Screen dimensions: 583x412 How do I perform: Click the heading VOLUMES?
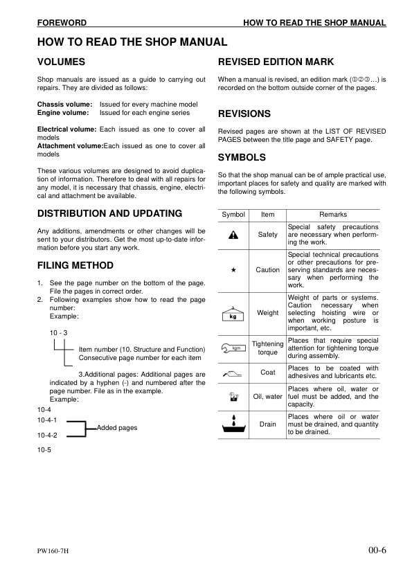click(x=61, y=62)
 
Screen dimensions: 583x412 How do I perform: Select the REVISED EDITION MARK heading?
click(x=276, y=62)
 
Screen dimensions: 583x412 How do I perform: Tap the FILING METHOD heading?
click(x=75, y=265)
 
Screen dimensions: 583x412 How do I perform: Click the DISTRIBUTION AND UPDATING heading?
click(x=109, y=213)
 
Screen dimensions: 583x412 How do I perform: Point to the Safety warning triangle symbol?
click(x=233, y=235)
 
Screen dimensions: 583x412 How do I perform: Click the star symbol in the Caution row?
click(x=233, y=270)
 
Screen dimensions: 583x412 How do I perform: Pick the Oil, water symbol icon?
click(x=233, y=397)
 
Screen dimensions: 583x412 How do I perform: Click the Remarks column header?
click(x=332, y=215)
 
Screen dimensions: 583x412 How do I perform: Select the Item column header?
click(x=267, y=215)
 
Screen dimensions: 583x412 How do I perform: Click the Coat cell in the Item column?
click(x=267, y=373)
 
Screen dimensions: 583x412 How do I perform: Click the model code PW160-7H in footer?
click(x=57, y=552)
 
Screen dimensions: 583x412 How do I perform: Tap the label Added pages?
click(x=117, y=428)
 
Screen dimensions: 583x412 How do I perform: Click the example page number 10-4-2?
click(x=47, y=436)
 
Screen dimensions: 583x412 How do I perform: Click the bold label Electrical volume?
click(x=66, y=129)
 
